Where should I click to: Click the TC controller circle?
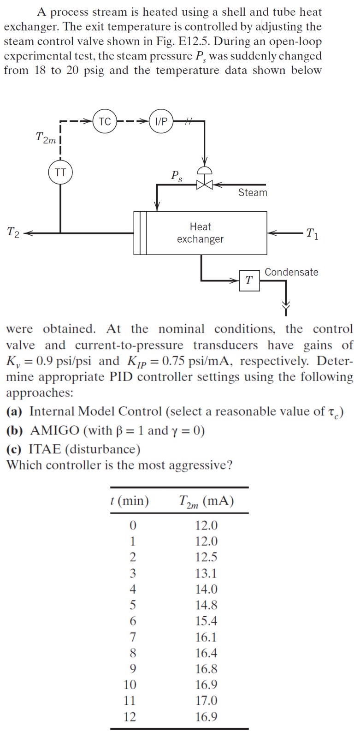[x=105, y=122]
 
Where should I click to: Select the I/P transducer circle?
[x=161, y=122]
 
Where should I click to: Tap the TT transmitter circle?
[x=60, y=173]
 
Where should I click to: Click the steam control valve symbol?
[x=204, y=183]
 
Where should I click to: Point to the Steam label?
[x=253, y=193]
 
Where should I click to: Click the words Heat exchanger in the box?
[x=200, y=233]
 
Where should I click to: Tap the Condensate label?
[x=291, y=272]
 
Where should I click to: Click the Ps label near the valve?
[x=176, y=176]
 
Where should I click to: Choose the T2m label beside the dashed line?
[x=46, y=137]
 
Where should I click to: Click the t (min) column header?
[x=130, y=501]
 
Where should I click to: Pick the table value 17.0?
[x=206, y=701]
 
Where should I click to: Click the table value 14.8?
[x=206, y=605]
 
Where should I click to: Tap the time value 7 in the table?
[x=133, y=637]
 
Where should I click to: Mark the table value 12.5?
[x=206, y=557]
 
